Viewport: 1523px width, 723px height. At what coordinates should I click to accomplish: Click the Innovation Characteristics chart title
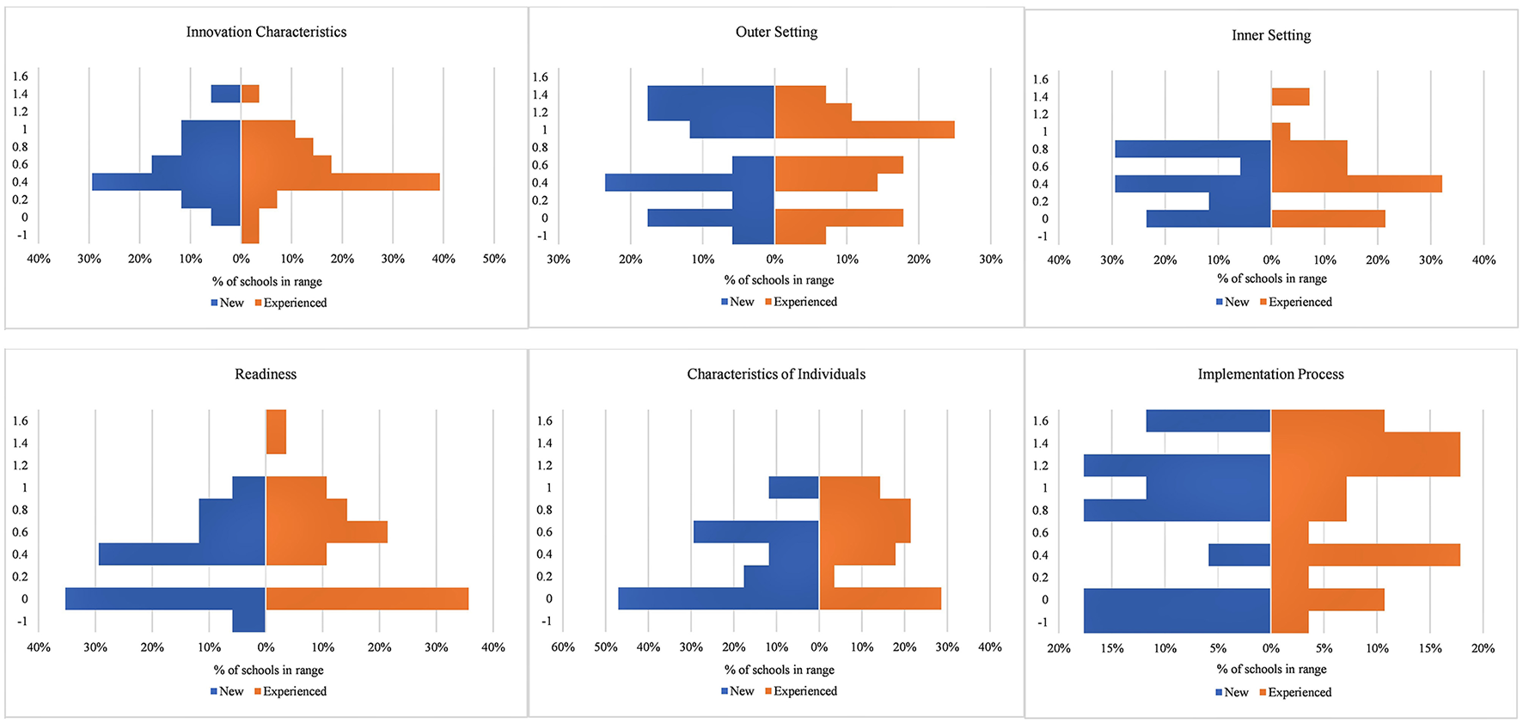pos(266,32)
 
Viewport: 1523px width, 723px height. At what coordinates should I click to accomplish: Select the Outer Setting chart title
pos(776,32)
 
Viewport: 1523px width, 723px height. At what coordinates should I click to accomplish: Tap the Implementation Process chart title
pos(1270,374)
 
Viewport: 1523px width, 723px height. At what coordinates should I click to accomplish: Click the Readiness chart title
pos(266,374)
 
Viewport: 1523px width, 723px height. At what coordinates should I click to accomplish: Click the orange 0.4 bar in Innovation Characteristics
pos(340,181)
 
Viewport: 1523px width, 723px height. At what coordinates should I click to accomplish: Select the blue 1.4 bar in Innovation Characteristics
pos(226,94)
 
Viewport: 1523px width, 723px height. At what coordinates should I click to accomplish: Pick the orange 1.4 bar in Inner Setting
pos(1290,96)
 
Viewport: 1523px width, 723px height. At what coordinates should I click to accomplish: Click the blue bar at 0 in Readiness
pos(165,598)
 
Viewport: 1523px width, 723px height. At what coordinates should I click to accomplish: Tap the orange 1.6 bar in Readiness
pos(276,432)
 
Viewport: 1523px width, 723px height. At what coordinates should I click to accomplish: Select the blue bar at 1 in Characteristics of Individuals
pos(793,487)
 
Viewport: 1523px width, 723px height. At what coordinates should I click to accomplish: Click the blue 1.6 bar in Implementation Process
pos(1208,420)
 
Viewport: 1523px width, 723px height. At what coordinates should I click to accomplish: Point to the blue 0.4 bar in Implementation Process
pos(1239,555)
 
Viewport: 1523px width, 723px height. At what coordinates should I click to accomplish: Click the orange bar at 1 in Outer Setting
pos(864,130)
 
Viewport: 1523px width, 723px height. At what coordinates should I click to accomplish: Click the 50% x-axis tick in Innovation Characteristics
pos(494,259)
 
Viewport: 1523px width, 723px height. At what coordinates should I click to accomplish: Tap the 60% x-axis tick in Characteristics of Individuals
pos(563,647)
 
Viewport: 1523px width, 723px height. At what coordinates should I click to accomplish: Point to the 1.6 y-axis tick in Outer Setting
pos(540,77)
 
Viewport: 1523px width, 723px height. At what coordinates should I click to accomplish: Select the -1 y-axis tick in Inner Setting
pos(1042,236)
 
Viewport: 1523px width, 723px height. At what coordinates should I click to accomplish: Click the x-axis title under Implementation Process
pos(1271,669)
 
